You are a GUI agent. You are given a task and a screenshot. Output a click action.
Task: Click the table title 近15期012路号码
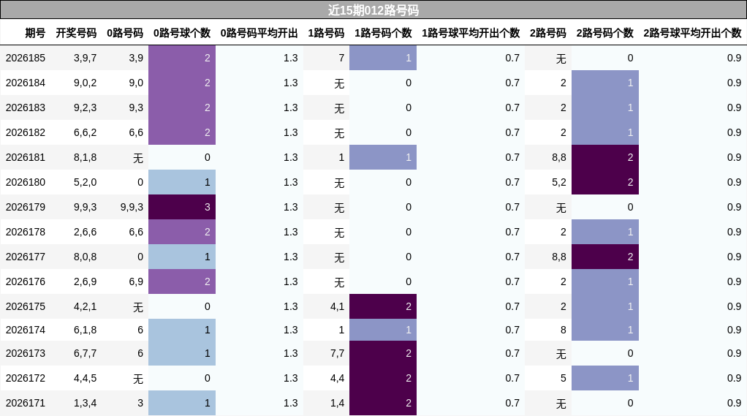click(x=373, y=10)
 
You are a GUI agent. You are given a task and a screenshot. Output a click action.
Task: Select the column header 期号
click(x=35, y=33)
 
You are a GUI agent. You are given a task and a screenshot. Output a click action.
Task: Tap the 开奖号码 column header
click(x=76, y=33)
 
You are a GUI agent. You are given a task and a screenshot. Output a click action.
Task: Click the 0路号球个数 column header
click(x=182, y=33)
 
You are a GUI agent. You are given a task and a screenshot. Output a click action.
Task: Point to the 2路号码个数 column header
click(x=605, y=33)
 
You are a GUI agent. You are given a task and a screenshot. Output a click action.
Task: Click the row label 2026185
click(x=26, y=58)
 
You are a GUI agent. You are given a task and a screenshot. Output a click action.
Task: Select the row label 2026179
click(x=26, y=208)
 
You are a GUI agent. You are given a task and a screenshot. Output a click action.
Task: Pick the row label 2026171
click(x=26, y=403)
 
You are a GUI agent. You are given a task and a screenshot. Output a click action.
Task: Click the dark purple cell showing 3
click(x=182, y=207)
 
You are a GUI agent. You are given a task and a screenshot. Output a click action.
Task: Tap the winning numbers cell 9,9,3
click(x=85, y=208)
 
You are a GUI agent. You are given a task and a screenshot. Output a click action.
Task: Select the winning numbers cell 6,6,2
click(x=85, y=132)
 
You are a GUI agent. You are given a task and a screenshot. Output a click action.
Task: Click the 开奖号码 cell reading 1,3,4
click(x=85, y=403)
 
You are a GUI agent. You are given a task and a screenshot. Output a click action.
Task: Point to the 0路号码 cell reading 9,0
click(x=136, y=83)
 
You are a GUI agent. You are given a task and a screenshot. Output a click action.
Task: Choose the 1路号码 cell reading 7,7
click(x=337, y=354)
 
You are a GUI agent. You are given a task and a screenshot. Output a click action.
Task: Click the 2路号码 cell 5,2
click(x=559, y=183)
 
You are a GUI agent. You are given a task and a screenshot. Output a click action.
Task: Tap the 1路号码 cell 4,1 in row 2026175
click(x=337, y=307)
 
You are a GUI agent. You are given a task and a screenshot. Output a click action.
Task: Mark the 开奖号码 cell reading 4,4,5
click(x=85, y=379)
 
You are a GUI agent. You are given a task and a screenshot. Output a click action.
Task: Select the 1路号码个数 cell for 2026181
click(x=383, y=157)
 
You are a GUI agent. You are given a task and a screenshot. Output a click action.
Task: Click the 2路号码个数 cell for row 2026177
click(x=605, y=257)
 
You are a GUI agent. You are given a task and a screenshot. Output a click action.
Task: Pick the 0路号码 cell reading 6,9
click(x=136, y=281)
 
